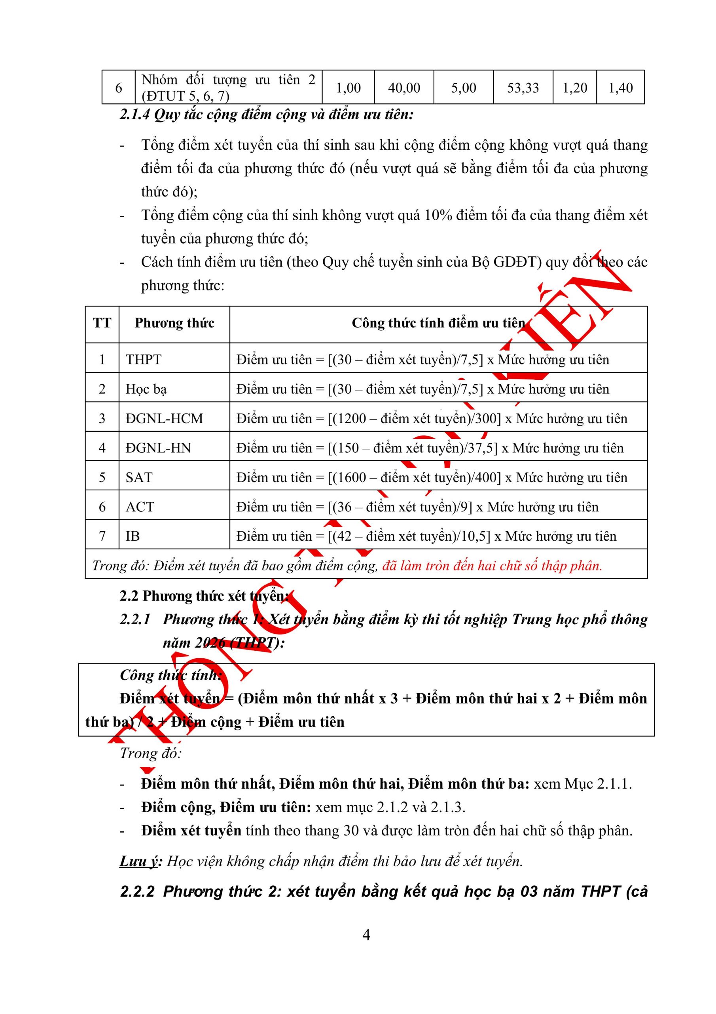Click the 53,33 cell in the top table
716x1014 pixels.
click(523, 88)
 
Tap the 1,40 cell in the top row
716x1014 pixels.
click(620, 88)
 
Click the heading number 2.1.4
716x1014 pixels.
click(134, 115)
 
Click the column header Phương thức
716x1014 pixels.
click(174, 323)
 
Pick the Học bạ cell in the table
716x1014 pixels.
click(146, 389)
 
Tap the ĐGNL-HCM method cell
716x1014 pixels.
click(164, 418)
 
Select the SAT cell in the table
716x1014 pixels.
click(138, 477)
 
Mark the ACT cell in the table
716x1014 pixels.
click(140, 507)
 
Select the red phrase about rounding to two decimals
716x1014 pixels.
click(492, 566)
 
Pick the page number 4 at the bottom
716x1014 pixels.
click(366, 934)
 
